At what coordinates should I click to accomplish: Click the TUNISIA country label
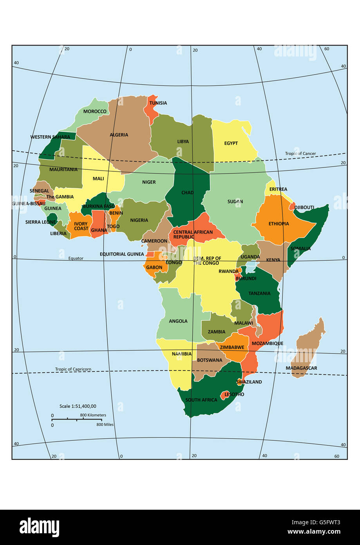[x=158, y=103]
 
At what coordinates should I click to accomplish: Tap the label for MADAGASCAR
[x=301, y=368]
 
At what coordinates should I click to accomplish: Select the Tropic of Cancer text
[x=300, y=154]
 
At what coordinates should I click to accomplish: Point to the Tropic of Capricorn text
[x=73, y=369]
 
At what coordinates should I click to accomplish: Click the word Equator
[x=76, y=258]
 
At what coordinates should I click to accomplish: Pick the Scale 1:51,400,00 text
[x=78, y=406]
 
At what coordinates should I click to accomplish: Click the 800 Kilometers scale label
[x=93, y=415]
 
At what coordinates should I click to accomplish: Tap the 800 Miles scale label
[x=105, y=424]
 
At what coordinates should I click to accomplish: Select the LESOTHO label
[x=234, y=394]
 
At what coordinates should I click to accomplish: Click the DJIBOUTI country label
[x=304, y=207]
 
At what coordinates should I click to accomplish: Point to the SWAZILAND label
[x=249, y=382]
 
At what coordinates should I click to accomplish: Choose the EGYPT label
[x=231, y=143]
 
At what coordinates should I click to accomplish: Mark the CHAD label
[x=187, y=193]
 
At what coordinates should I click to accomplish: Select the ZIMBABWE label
[x=232, y=347]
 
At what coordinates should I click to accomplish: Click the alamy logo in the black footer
[x=39, y=527]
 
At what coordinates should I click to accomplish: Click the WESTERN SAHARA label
[x=50, y=137]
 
